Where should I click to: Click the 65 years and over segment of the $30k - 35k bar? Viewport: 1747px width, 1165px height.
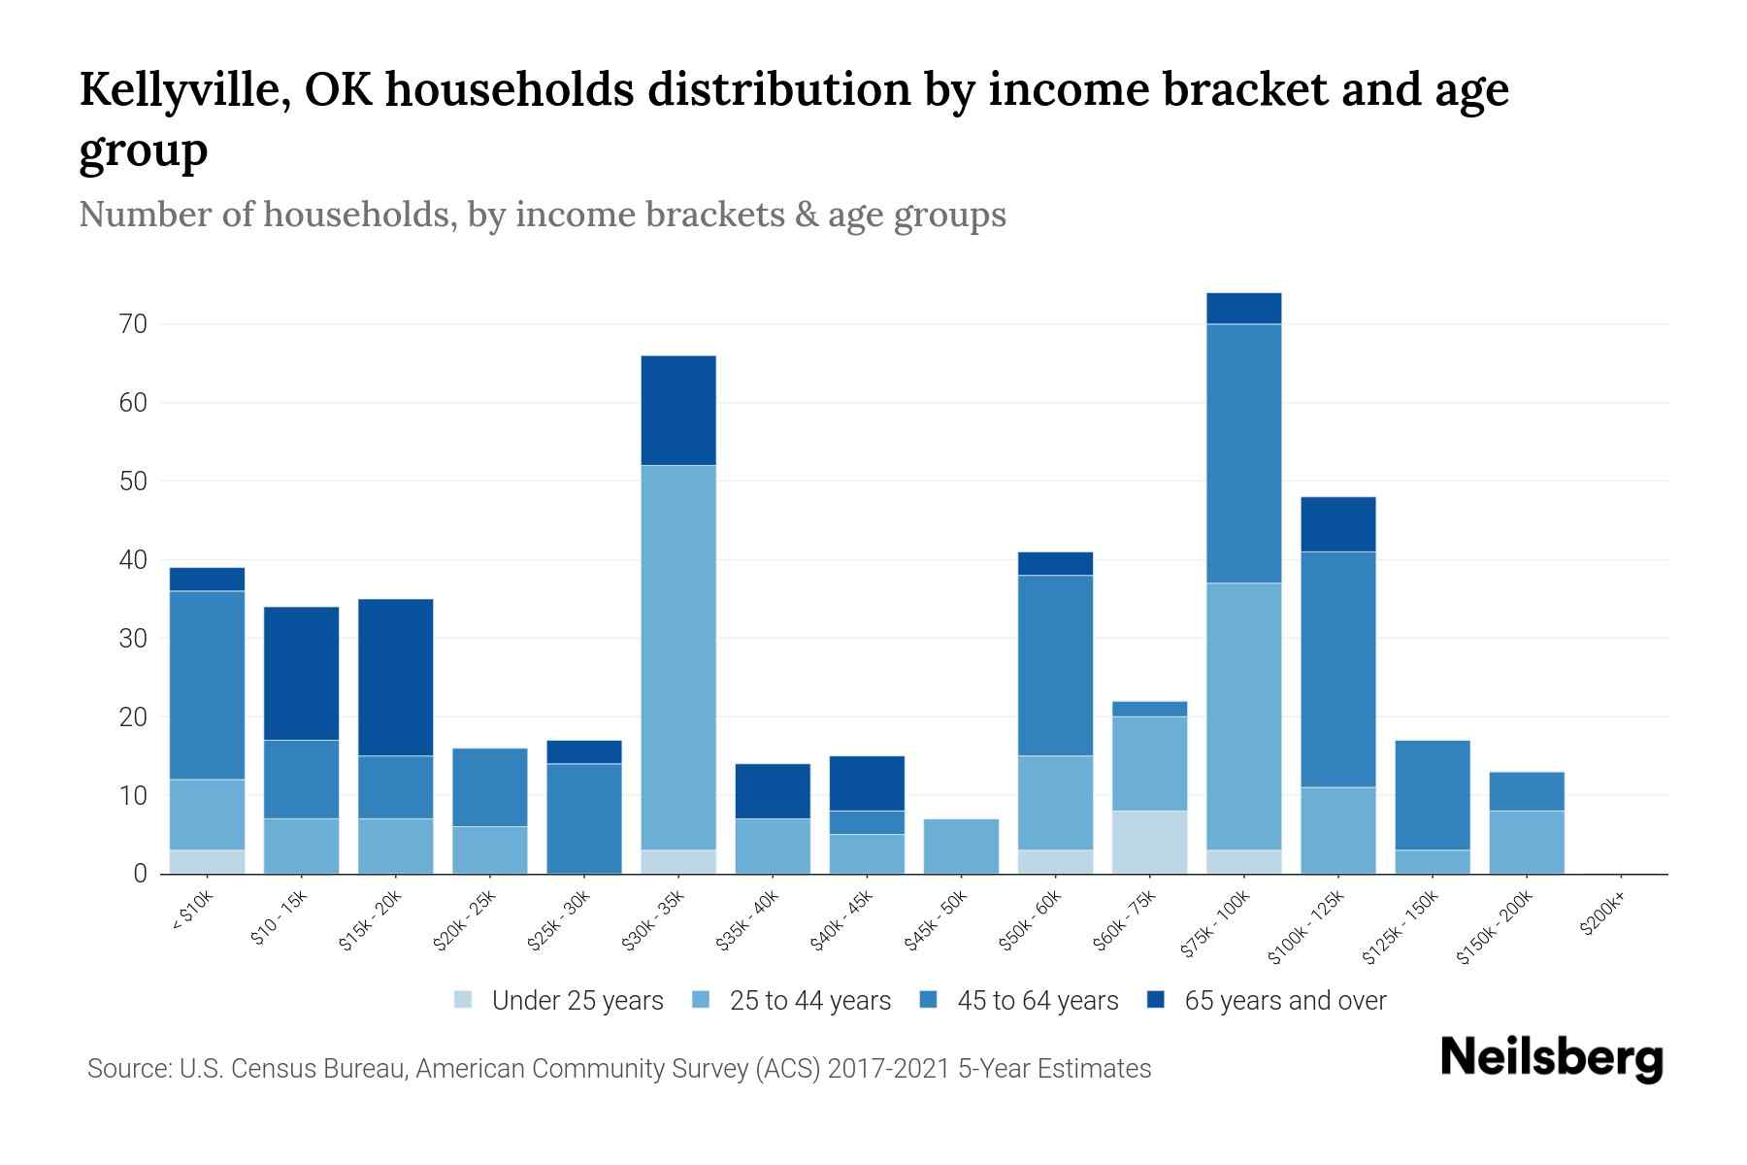(x=678, y=411)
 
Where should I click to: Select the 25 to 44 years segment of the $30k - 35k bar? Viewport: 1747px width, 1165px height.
(x=678, y=657)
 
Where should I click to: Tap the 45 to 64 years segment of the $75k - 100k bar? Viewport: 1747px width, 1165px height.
(x=1243, y=453)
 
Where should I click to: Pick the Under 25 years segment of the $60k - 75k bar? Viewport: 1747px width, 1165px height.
(x=1149, y=842)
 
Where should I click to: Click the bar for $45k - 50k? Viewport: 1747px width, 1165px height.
(x=961, y=847)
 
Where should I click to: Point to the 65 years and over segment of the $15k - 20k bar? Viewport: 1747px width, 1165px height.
(x=396, y=678)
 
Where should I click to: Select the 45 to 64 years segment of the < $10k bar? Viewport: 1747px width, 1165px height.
(x=207, y=684)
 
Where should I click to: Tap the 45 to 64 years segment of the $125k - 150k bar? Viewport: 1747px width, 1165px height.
(x=1432, y=795)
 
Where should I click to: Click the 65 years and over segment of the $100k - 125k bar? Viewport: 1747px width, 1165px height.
(x=1337, y=524)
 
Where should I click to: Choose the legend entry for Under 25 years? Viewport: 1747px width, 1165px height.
(x=559, y=1001)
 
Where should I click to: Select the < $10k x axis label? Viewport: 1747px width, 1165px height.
(x=191, y=913)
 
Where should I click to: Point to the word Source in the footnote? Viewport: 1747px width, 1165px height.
(x=126, y=1069)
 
